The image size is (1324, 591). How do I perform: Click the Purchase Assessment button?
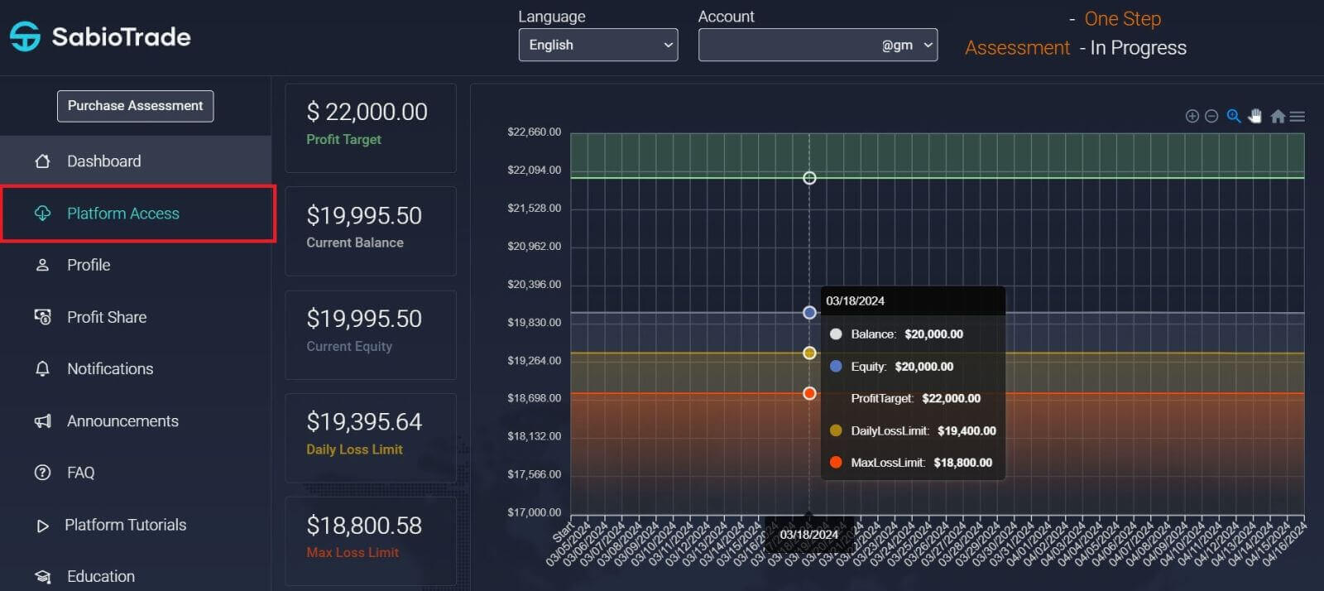pos(135,106)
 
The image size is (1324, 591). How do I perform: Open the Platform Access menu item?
pos(122,214)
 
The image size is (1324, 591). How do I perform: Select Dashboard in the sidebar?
pos(103,161)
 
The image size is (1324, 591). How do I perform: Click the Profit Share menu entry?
pos(106,317)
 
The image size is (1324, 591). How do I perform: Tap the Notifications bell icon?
pos(42,369)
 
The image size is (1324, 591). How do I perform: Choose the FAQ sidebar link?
pos(80,473)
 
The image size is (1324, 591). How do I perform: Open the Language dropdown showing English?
pos(597,45)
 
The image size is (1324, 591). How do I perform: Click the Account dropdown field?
pos(817,45)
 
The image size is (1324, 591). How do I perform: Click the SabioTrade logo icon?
pos(25,36)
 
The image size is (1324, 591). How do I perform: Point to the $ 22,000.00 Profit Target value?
pos(367,112)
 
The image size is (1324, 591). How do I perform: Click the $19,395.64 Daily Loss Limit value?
pos(364,422)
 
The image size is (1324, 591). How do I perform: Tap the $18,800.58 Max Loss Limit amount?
pos(364,526)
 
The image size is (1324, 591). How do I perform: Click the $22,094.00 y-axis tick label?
pos(534,170)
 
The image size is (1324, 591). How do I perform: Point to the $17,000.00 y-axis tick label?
pos(534,512)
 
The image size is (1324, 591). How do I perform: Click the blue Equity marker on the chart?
pos(809,313)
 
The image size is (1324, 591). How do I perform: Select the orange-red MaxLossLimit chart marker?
pos(809,393)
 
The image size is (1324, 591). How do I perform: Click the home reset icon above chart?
pos(1278,117)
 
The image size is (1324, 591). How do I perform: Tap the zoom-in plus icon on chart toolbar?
pos(1192,117)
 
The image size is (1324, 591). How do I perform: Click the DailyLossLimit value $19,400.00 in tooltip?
pos(966,430)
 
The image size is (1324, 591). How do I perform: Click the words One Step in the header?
pos(1122,19)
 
